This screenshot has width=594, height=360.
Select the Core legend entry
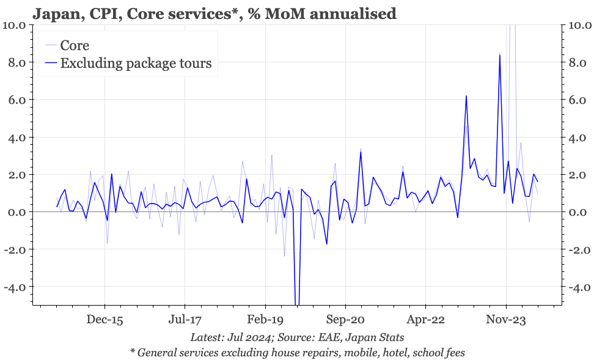75,45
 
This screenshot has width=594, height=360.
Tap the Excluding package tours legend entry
136,63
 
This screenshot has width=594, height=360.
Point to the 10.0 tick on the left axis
14,25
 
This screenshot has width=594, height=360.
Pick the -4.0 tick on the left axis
15,287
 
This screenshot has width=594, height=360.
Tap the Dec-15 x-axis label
105,319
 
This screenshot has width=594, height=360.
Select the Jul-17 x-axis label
185,319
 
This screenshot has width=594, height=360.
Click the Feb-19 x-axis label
265,319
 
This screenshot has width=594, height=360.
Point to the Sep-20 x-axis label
345,319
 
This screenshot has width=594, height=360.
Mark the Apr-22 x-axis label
426,319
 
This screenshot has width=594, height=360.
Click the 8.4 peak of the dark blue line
500,55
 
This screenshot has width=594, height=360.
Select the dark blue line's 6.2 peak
466,96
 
